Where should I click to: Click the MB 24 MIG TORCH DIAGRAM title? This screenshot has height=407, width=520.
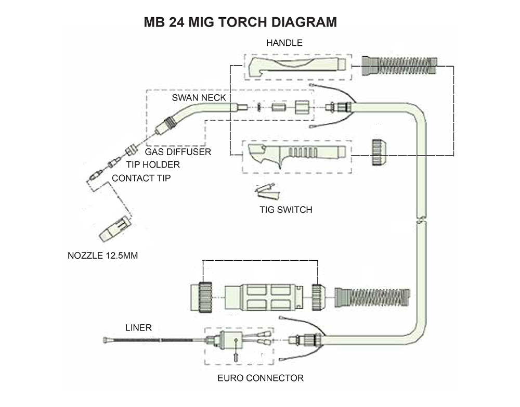pyautogui.click(x=240, y=22)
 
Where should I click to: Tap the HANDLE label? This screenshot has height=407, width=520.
pyautogui.click(x=284, y=43)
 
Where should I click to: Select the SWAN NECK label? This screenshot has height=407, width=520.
pyautogui.click(x=199, y=98)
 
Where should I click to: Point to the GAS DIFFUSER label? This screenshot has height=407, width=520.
pyautogui.click(x=178, y=151)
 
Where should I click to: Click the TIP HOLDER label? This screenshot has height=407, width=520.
pyautogui.click(x=153, y=164)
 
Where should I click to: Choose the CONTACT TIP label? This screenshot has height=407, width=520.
pyautogui.click(x=141, y=179)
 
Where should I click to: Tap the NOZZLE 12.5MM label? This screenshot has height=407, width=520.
pyautogui.click(x=103, y=256)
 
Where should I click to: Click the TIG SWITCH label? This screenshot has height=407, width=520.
pyautogui.click(x=286, y=210)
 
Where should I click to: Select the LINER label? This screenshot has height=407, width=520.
pyautogui.click(x=138, y=328)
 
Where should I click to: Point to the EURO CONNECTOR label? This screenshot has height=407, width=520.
pyautogui.click(x=261, y=378)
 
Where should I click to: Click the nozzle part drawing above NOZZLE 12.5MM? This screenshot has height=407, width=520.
pyautogui.click(x=115, y=229)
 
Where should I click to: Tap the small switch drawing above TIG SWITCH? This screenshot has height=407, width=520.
pyautogui.click(x=269, y=192)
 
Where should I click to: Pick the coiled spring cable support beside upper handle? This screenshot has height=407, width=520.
pyautogui.click(x=399, y=66)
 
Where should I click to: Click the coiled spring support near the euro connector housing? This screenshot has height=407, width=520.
pyautogui.click(x=372, y=298)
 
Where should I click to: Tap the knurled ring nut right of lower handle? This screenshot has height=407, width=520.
pyautogui.click(x=379, y=152)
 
